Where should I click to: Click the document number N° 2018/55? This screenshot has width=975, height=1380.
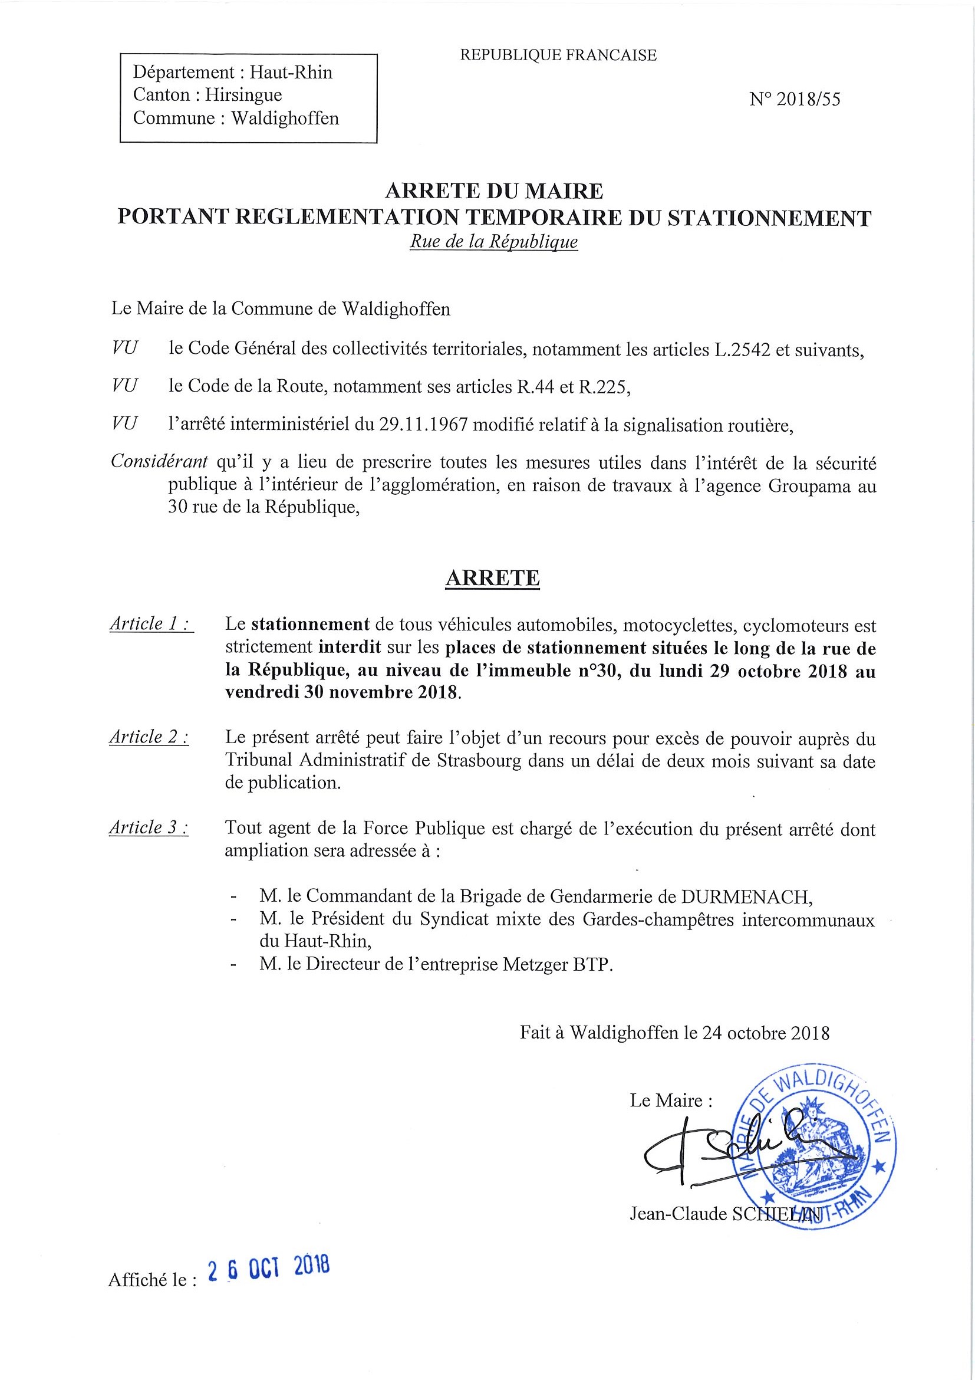794,100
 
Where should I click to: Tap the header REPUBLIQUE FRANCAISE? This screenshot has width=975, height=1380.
558,55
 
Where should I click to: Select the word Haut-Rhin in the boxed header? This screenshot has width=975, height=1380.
291,73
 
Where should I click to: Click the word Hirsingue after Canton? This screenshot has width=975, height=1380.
243,95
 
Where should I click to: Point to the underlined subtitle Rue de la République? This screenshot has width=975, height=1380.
493,242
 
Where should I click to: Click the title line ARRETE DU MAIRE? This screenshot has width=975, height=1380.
494,191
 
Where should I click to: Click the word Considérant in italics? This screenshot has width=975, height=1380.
160,462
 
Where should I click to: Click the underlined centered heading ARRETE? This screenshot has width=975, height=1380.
492,577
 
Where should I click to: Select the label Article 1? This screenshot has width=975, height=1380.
151,624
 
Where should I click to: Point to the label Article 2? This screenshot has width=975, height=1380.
149,737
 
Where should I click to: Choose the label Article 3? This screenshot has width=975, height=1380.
149,827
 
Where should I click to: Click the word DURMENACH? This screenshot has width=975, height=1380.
746,896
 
